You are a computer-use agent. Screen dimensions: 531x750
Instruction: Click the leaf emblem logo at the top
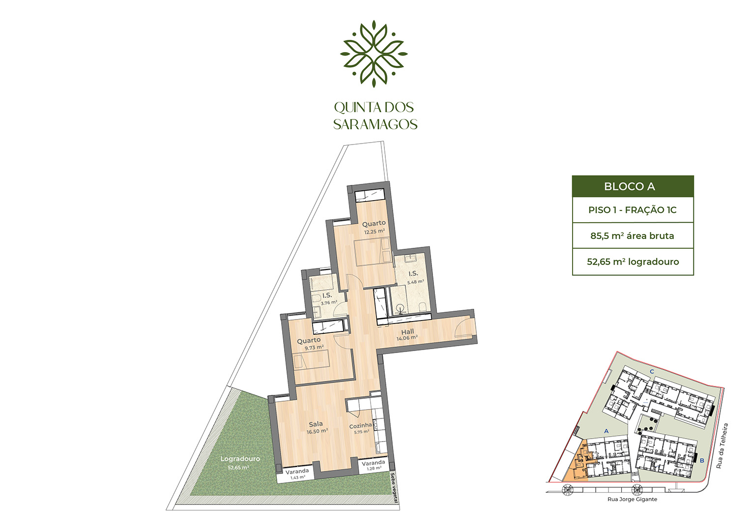(374, 54)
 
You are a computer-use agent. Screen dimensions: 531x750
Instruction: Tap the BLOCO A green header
(633, 186)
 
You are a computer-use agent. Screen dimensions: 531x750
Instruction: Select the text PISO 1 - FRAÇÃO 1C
(633, 210)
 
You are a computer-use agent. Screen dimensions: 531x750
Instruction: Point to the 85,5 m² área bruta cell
(633, 236)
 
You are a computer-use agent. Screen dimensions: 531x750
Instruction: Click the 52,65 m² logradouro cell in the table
(633, 262)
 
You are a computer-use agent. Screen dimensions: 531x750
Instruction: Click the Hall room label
(407, 332)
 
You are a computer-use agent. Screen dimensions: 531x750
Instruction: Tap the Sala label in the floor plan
(316, 424)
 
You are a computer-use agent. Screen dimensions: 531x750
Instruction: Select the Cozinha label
(361, 426)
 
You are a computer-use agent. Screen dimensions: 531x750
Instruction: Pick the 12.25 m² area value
(374, 232)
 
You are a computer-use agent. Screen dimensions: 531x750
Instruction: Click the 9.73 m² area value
(314, 348)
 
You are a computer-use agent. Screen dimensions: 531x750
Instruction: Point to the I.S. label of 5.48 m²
(413, 274)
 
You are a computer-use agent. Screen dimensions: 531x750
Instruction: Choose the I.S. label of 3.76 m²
(327, 295)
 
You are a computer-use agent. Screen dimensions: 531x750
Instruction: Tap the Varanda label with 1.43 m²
(297, 472)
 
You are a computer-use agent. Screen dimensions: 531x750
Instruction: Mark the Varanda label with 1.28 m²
(374, 463)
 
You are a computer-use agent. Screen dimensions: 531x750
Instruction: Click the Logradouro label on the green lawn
(240, 459)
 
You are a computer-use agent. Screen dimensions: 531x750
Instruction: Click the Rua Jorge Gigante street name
(632, 500)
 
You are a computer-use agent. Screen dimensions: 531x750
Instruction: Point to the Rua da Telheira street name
(722, 446)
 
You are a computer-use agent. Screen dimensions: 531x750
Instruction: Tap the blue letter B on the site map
(702, 461)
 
